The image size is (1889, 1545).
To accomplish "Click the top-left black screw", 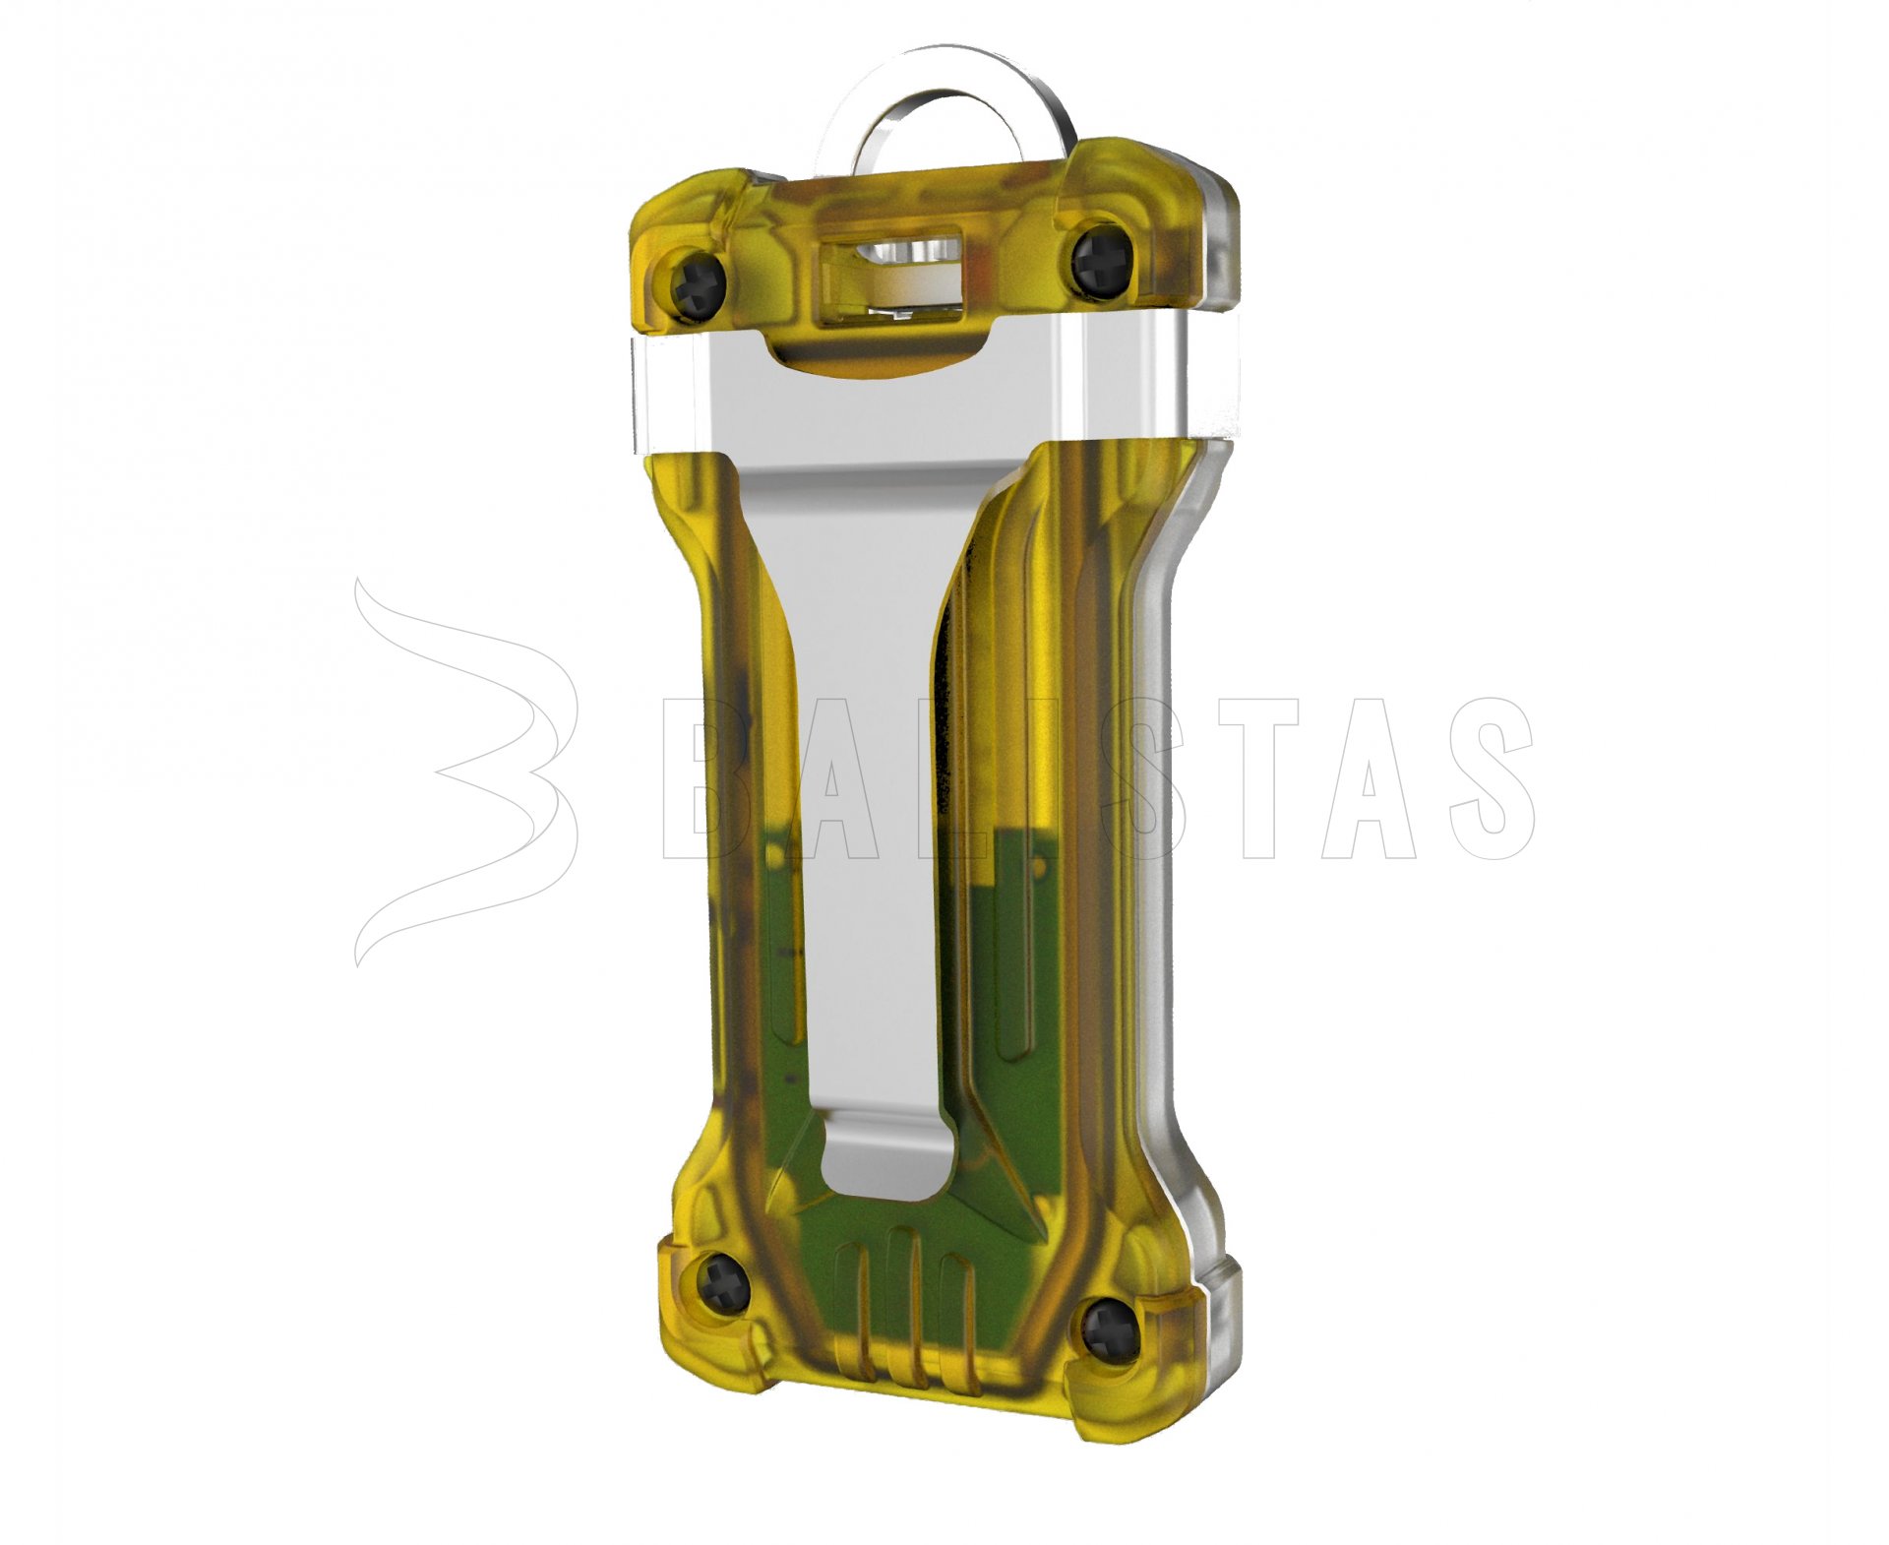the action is pos(700,284).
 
